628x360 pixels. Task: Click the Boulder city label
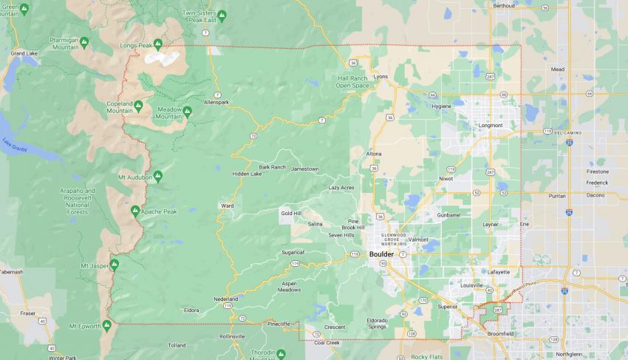coord(381,254)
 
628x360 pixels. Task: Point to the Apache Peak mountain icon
coord(135,211)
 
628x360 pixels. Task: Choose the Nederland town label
coord(226,299)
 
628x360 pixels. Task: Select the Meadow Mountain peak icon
coord(187,112)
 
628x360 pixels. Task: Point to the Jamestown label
coord(305,169)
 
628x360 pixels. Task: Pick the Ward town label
coord(227,206)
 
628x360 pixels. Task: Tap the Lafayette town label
coord(499,271)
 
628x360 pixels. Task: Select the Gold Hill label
coord(291,213)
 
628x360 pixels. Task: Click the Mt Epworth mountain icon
coord(107,325)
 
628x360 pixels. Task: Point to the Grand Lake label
coord(24,53)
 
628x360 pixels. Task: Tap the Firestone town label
coord(598,171)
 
